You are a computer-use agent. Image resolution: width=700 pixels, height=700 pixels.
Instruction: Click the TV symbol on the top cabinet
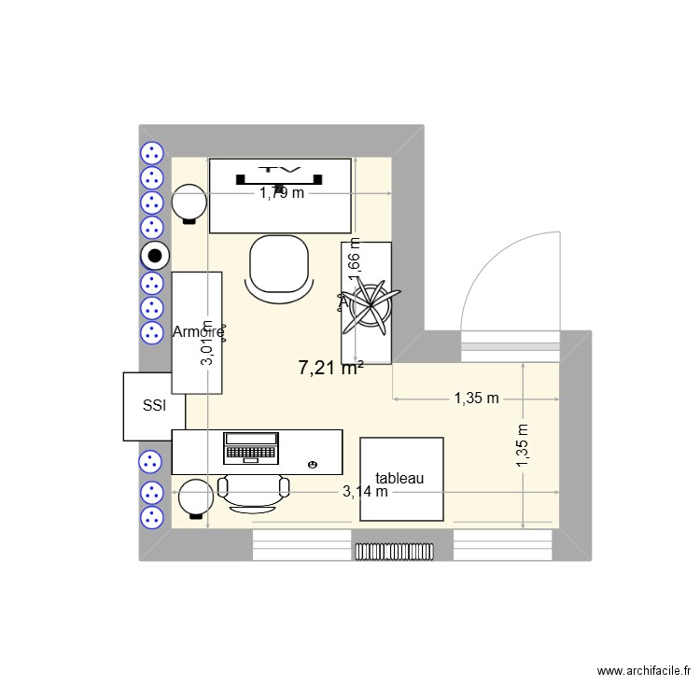(x=280, y=175)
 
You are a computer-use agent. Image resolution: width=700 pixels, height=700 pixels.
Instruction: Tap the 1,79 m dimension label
(x=282, y=194)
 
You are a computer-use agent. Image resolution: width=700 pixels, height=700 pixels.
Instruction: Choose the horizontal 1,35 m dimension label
(x=476, y=399)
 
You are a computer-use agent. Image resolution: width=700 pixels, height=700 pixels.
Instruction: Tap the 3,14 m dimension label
(x=365, y=491)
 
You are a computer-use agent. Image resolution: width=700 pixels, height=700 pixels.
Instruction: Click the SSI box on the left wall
(x=154, y=406)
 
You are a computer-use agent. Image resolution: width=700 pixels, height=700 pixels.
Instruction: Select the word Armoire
(x=198, y=331)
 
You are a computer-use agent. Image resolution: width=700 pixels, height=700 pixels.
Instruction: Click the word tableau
(x=399, y=478)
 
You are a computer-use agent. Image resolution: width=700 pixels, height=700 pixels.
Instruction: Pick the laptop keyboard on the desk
(x=252, y=454)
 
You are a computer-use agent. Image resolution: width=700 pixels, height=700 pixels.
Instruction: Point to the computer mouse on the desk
(x=311, y=464)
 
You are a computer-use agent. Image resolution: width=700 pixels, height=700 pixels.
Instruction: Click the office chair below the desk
(x=253, y=492)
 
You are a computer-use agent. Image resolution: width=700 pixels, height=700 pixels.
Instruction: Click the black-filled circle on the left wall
(x=153, y=255)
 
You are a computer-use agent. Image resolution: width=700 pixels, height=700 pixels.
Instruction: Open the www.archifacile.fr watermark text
(x=643, y=671)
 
